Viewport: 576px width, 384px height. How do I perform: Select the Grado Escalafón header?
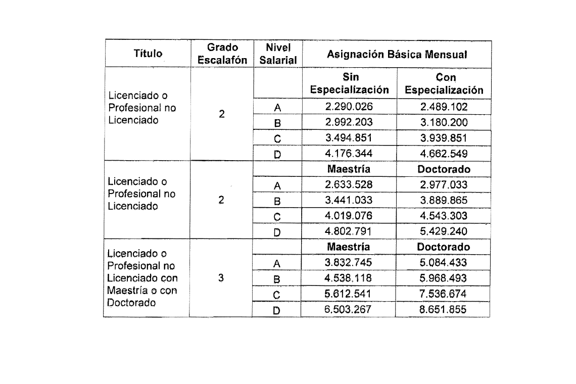click(x=223, y=54)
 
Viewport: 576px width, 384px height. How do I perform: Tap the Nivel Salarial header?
click(x=277, y=54)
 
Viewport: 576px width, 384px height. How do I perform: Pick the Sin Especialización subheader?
click(x=349, y=84)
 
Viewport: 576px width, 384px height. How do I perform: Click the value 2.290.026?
click(x=349, y=107)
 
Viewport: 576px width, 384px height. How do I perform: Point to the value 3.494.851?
click(x=349, y=138)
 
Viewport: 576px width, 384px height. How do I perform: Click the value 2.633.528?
click(x=349, y=184)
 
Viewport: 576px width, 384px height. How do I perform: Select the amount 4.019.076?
click(x=349, y=216)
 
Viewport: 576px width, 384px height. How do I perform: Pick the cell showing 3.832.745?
click(x=349, y=263)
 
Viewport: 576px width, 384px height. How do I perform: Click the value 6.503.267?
click(x=349, y=310)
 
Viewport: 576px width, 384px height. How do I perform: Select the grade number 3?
click(x=222, y=278)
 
